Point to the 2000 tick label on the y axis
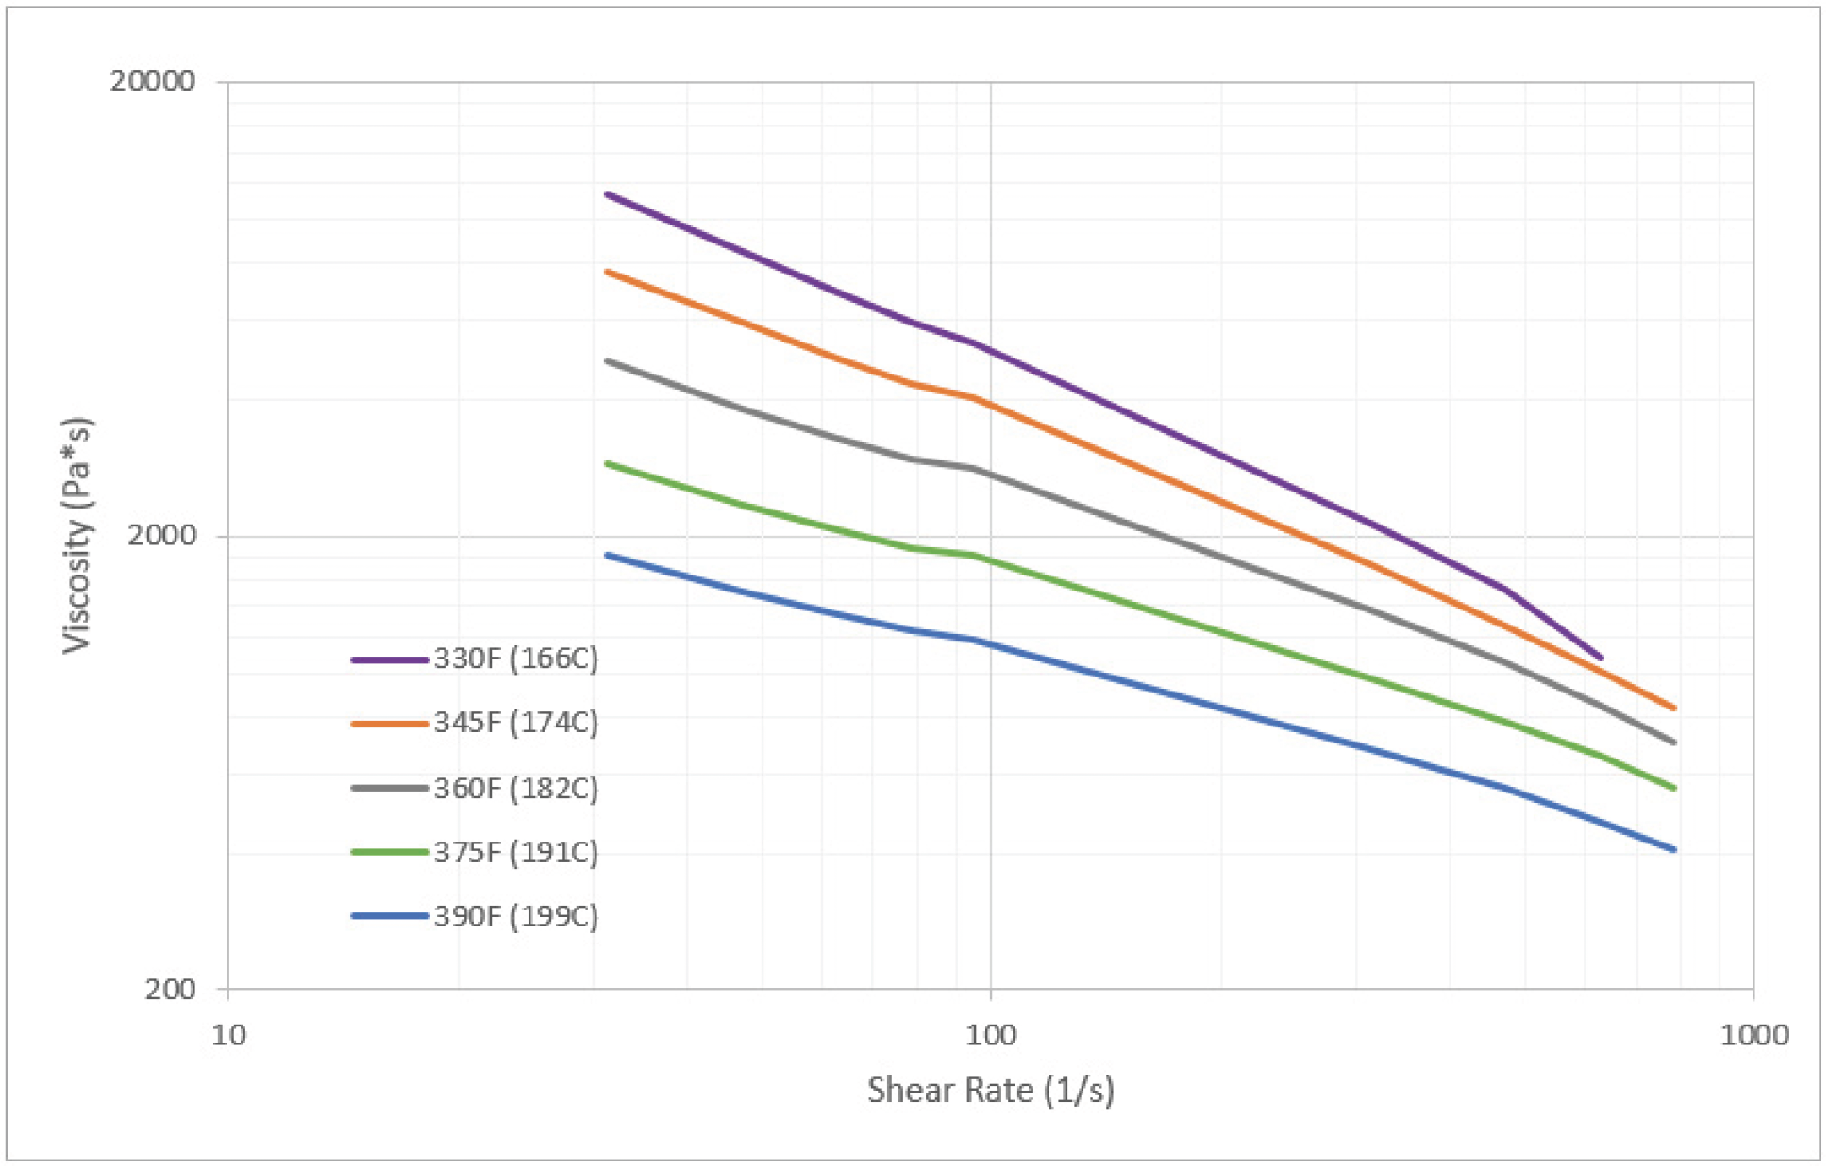tap(161, 536)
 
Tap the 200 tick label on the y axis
tap(170, 989)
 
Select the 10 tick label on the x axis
tap(228, 1036)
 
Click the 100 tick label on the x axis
tap(991, 1036)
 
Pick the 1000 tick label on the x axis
tap(1753, 1036)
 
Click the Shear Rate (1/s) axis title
tap(991, 1091)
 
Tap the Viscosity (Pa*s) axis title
tap(77, 535)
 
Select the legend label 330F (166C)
tap(516, 659)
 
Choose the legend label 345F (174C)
tap(516, 723)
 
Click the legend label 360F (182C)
tap(516, 788)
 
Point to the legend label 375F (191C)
tap(516, 852)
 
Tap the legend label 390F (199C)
tap(516, 916)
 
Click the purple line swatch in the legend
tap(389, 659)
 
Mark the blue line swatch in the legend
tap(389, 916)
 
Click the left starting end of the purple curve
tap(607, 194)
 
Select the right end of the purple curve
tap(1601, 658)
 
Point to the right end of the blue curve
tap(1674, 850)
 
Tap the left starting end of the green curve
tap(607, 463)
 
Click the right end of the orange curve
tap(1674, 708)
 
